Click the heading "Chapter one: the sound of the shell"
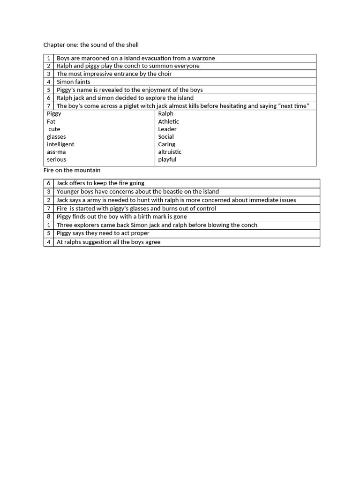click(91, 45)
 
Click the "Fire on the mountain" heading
click(72, 170)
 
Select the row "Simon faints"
click(74, 82)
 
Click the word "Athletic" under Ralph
click(168, 121)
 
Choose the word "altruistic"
click(170, 152)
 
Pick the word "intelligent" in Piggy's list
click(60, 144)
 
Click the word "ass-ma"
click(56, 152)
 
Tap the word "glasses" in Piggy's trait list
click(56, 137)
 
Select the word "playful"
click(167, 159)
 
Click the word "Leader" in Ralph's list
click(167, 129)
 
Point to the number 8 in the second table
click(49, 217)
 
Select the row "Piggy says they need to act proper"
click(103, 233)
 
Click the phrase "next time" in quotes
click(293, 106)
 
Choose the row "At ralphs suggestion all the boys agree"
click(108, 242)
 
